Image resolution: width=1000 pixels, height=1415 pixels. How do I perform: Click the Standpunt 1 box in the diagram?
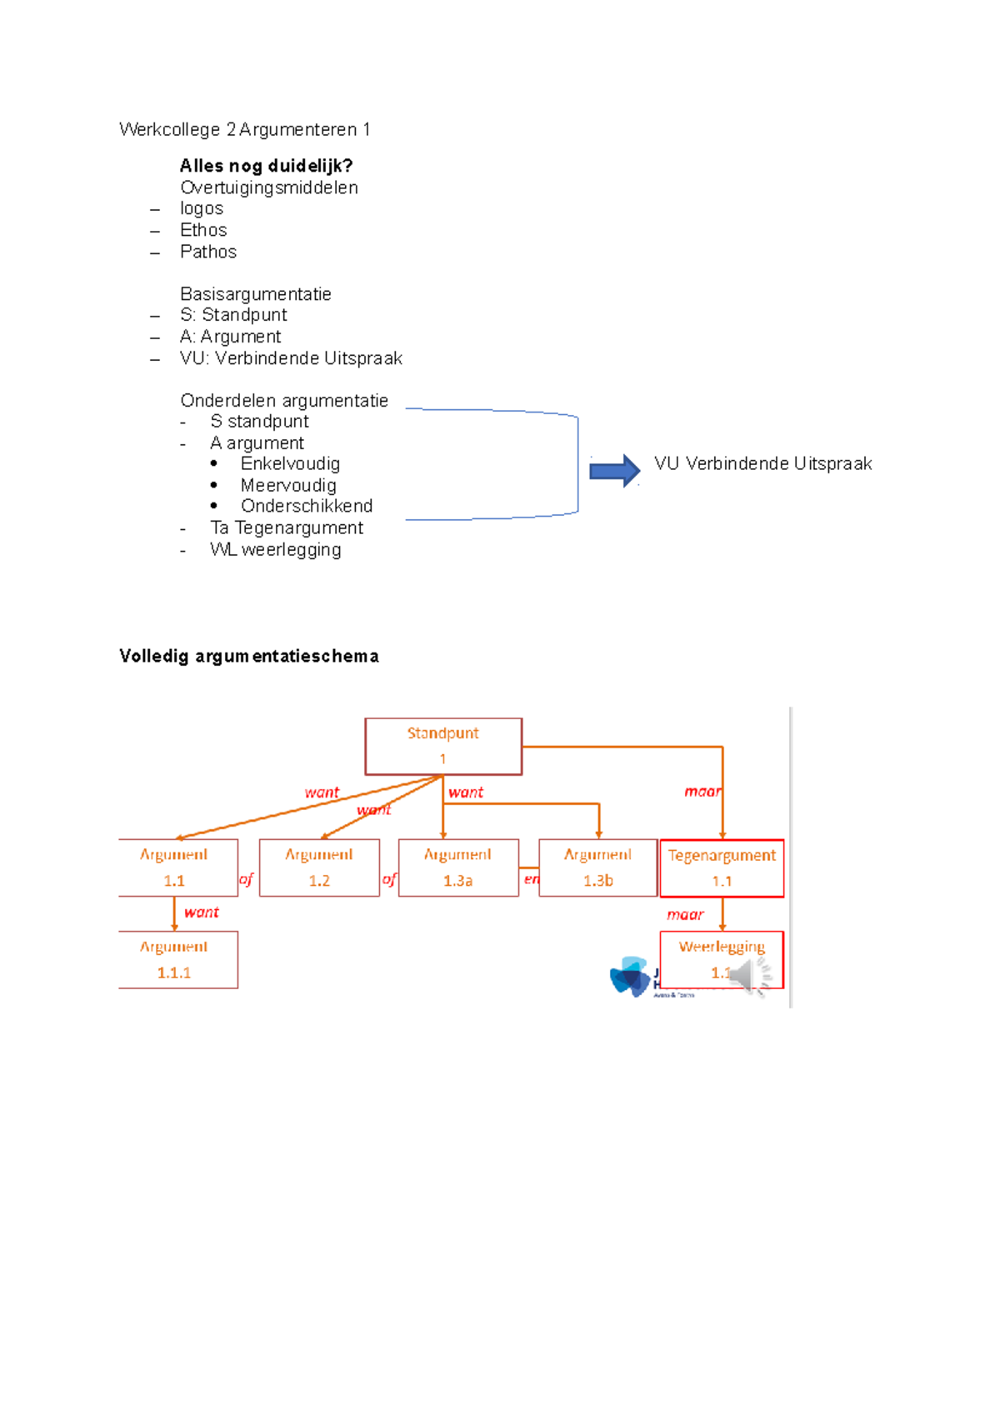coord(443,746)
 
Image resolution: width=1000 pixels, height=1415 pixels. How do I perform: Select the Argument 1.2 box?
coord(319,867)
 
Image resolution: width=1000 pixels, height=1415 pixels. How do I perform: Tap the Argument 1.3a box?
coord(458,867)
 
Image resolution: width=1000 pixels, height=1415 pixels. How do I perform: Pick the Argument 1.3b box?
coord(597,867)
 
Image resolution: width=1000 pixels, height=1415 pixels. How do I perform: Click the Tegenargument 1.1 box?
coord(722,867)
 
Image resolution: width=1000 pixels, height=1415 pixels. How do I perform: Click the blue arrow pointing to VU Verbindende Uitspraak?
coord(614,471)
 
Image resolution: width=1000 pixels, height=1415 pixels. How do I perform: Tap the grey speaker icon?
coord(747,976)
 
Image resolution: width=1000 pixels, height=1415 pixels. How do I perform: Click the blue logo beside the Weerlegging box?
coord(630,977)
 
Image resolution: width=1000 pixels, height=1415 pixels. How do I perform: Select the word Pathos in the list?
coord(208,252)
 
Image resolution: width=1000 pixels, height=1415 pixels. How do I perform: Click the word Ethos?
coord(203,230)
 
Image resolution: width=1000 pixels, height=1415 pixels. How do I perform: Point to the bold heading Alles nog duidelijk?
coord(266,166)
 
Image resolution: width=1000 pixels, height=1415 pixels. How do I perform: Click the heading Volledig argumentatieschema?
coord(248,656)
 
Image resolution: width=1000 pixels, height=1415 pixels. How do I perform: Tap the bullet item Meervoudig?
coord(288,485)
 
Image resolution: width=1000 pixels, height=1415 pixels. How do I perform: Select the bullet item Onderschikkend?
coord(307,506)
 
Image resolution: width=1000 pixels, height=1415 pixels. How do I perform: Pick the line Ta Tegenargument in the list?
coord(287,527)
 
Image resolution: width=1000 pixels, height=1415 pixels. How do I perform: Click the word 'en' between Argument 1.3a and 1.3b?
coord(531,879)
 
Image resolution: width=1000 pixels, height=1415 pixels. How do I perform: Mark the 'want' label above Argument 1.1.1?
coord(202,912)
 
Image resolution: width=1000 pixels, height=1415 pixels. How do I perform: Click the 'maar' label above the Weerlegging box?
coord(685,914)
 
